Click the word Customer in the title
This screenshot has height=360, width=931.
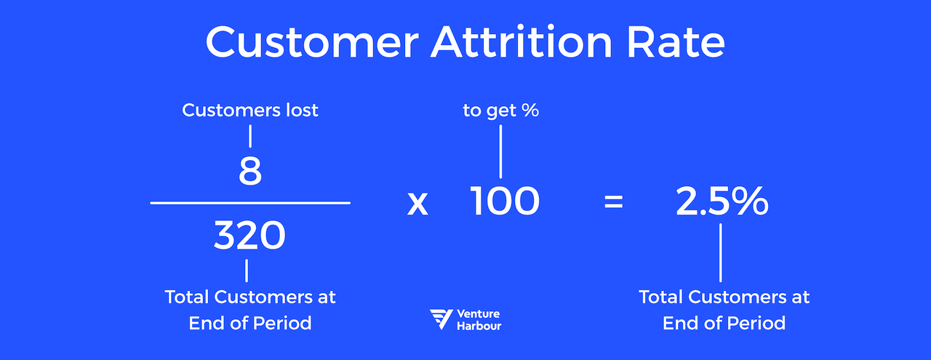click(311, 44)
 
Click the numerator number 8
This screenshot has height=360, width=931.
click(250, 171)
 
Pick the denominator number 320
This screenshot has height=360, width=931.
click(249, 236)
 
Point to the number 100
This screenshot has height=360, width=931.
click(505, 201)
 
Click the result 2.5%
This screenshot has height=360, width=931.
click(722, 201)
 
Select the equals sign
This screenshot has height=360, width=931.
click(614, 203)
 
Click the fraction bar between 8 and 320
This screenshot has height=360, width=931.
click(250, 203)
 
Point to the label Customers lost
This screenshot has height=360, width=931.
click(250, 111)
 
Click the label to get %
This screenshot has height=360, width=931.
click(500, 111)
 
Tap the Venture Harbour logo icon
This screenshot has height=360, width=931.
click(441, 319)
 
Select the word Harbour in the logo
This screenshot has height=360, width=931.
click(479, 326)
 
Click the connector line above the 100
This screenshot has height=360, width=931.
click(500, 151)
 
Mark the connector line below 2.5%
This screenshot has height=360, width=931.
click(721, 252)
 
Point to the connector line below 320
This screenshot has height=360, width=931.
click(247, 271)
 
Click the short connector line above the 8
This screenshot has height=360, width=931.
click(250, 136)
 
